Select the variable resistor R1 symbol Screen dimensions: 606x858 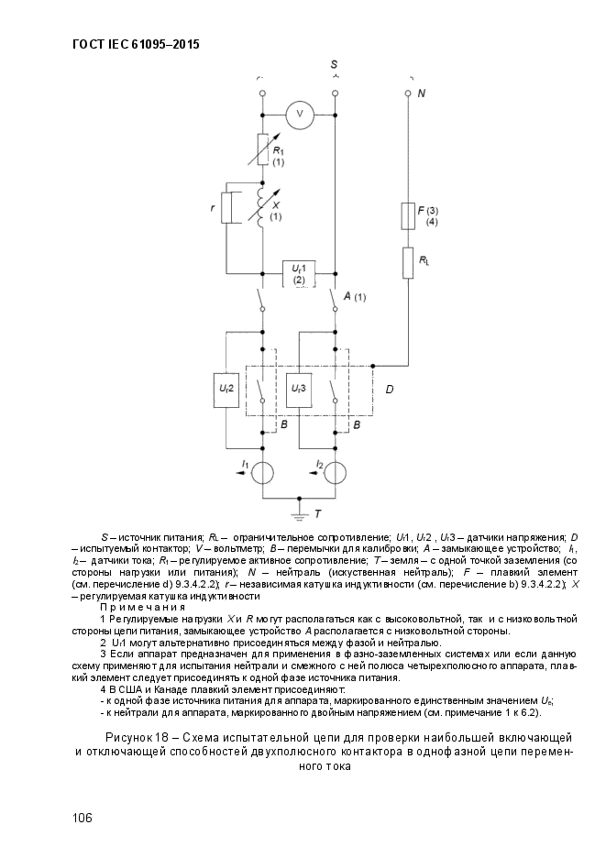pyautogui.click(x=263, y=148)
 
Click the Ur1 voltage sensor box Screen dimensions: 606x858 pyautogui.click(x=300, y=272)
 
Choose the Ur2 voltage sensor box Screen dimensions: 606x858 pyautogui.click(x=226, y=390)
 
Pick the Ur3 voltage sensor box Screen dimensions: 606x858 pyautogui.click(x=298, y=390)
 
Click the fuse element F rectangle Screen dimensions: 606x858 pyautogui.click(x=408, y=215)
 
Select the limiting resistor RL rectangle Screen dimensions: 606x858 pyautogui.click(x=408, y=263)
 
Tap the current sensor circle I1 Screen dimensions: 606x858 pyautogui.click(x=263, y=473)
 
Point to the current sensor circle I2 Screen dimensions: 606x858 pyautogui.click(x=335, y=473)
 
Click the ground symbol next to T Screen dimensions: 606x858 pyautogui.click(x=299, y=514)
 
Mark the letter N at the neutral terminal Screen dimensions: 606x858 pyautogui.click(x=422, y=93)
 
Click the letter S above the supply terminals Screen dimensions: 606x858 pyautogui.click(x=334, y=64)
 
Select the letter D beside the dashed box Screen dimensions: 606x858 pyautogui.click(x=390, y=390)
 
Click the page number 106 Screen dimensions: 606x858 pyautogui.click(x=83, y=818)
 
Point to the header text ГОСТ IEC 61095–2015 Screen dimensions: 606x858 pyautogui.click(x=136, y=44)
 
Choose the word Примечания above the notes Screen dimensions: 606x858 pyautogui.click(x=142, y=607)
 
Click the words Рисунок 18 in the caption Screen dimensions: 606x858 pyautogui.click(x=136, y=738)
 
